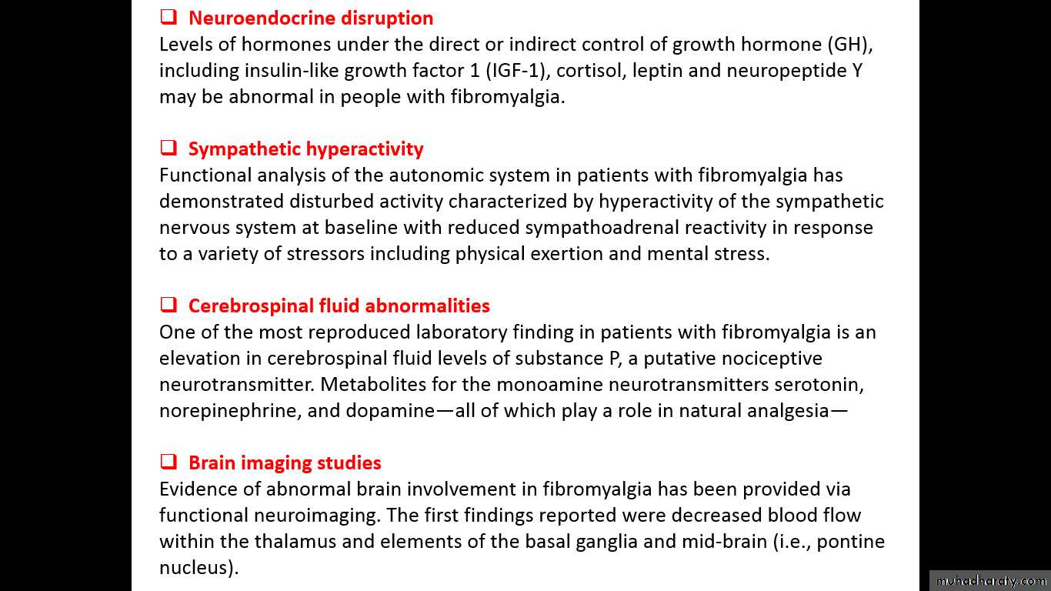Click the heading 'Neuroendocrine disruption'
[x=311, y=18]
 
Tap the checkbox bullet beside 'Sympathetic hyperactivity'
[x=168, y=148]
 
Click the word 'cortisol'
[x=586, y=71]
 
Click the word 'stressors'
[x=325, y=254]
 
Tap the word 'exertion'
[x=566, y=254]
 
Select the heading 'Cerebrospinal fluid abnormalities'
[x=339, y=306]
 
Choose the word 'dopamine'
[x=390, y=411]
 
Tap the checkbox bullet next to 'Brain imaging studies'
[x=168, y=462]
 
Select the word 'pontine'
[x=850, y=542]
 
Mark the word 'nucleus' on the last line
[x=196, y=568]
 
